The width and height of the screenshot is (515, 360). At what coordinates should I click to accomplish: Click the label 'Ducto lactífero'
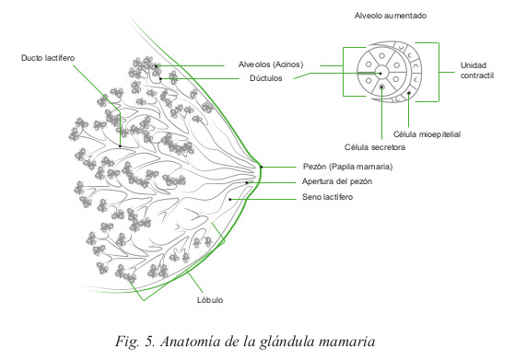48,58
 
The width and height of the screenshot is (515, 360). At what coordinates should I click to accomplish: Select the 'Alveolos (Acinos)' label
271,64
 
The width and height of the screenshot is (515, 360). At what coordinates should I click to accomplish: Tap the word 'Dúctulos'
265,78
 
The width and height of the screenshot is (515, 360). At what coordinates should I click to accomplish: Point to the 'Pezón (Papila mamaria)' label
347,167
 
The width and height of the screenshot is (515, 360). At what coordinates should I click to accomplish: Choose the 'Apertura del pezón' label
337,181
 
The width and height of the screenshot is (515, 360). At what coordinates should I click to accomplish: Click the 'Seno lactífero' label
327,197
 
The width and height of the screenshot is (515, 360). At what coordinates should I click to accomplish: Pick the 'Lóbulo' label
210,300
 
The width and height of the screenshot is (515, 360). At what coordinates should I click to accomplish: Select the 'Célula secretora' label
375,147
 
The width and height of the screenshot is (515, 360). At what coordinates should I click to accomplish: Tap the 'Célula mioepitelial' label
427,134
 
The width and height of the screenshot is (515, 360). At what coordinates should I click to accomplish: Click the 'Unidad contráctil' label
477,70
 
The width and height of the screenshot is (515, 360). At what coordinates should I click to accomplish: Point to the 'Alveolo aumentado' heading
391,16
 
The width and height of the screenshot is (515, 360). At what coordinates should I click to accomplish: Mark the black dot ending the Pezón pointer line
262,167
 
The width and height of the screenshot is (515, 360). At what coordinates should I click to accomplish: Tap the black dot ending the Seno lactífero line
230,199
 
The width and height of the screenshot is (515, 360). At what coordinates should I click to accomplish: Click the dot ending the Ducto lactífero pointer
120,146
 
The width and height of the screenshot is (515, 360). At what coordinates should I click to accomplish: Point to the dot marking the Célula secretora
381,87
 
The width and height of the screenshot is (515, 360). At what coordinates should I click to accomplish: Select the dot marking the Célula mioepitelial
409,93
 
